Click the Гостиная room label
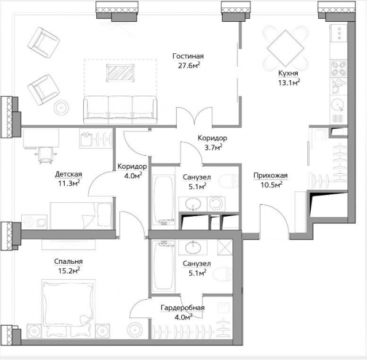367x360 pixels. coord(188,56)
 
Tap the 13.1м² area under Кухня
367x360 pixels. coord(289,83)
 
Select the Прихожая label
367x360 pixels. coord(270,175)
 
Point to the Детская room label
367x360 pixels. coord(69,174)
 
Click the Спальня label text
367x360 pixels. coord(68,261)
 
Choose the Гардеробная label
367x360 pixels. coord(182,308)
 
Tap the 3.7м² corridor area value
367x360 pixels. coord(213,147)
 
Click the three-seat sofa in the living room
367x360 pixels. coord(120,109)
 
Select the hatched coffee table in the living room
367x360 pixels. coord(120,73)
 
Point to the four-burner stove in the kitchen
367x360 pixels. coord(338,69)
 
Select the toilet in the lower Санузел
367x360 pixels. coord(222,273)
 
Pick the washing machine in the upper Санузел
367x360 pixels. coord(216,204)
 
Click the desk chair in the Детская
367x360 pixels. coord(46,155)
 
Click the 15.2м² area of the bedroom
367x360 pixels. coord(69,271)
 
